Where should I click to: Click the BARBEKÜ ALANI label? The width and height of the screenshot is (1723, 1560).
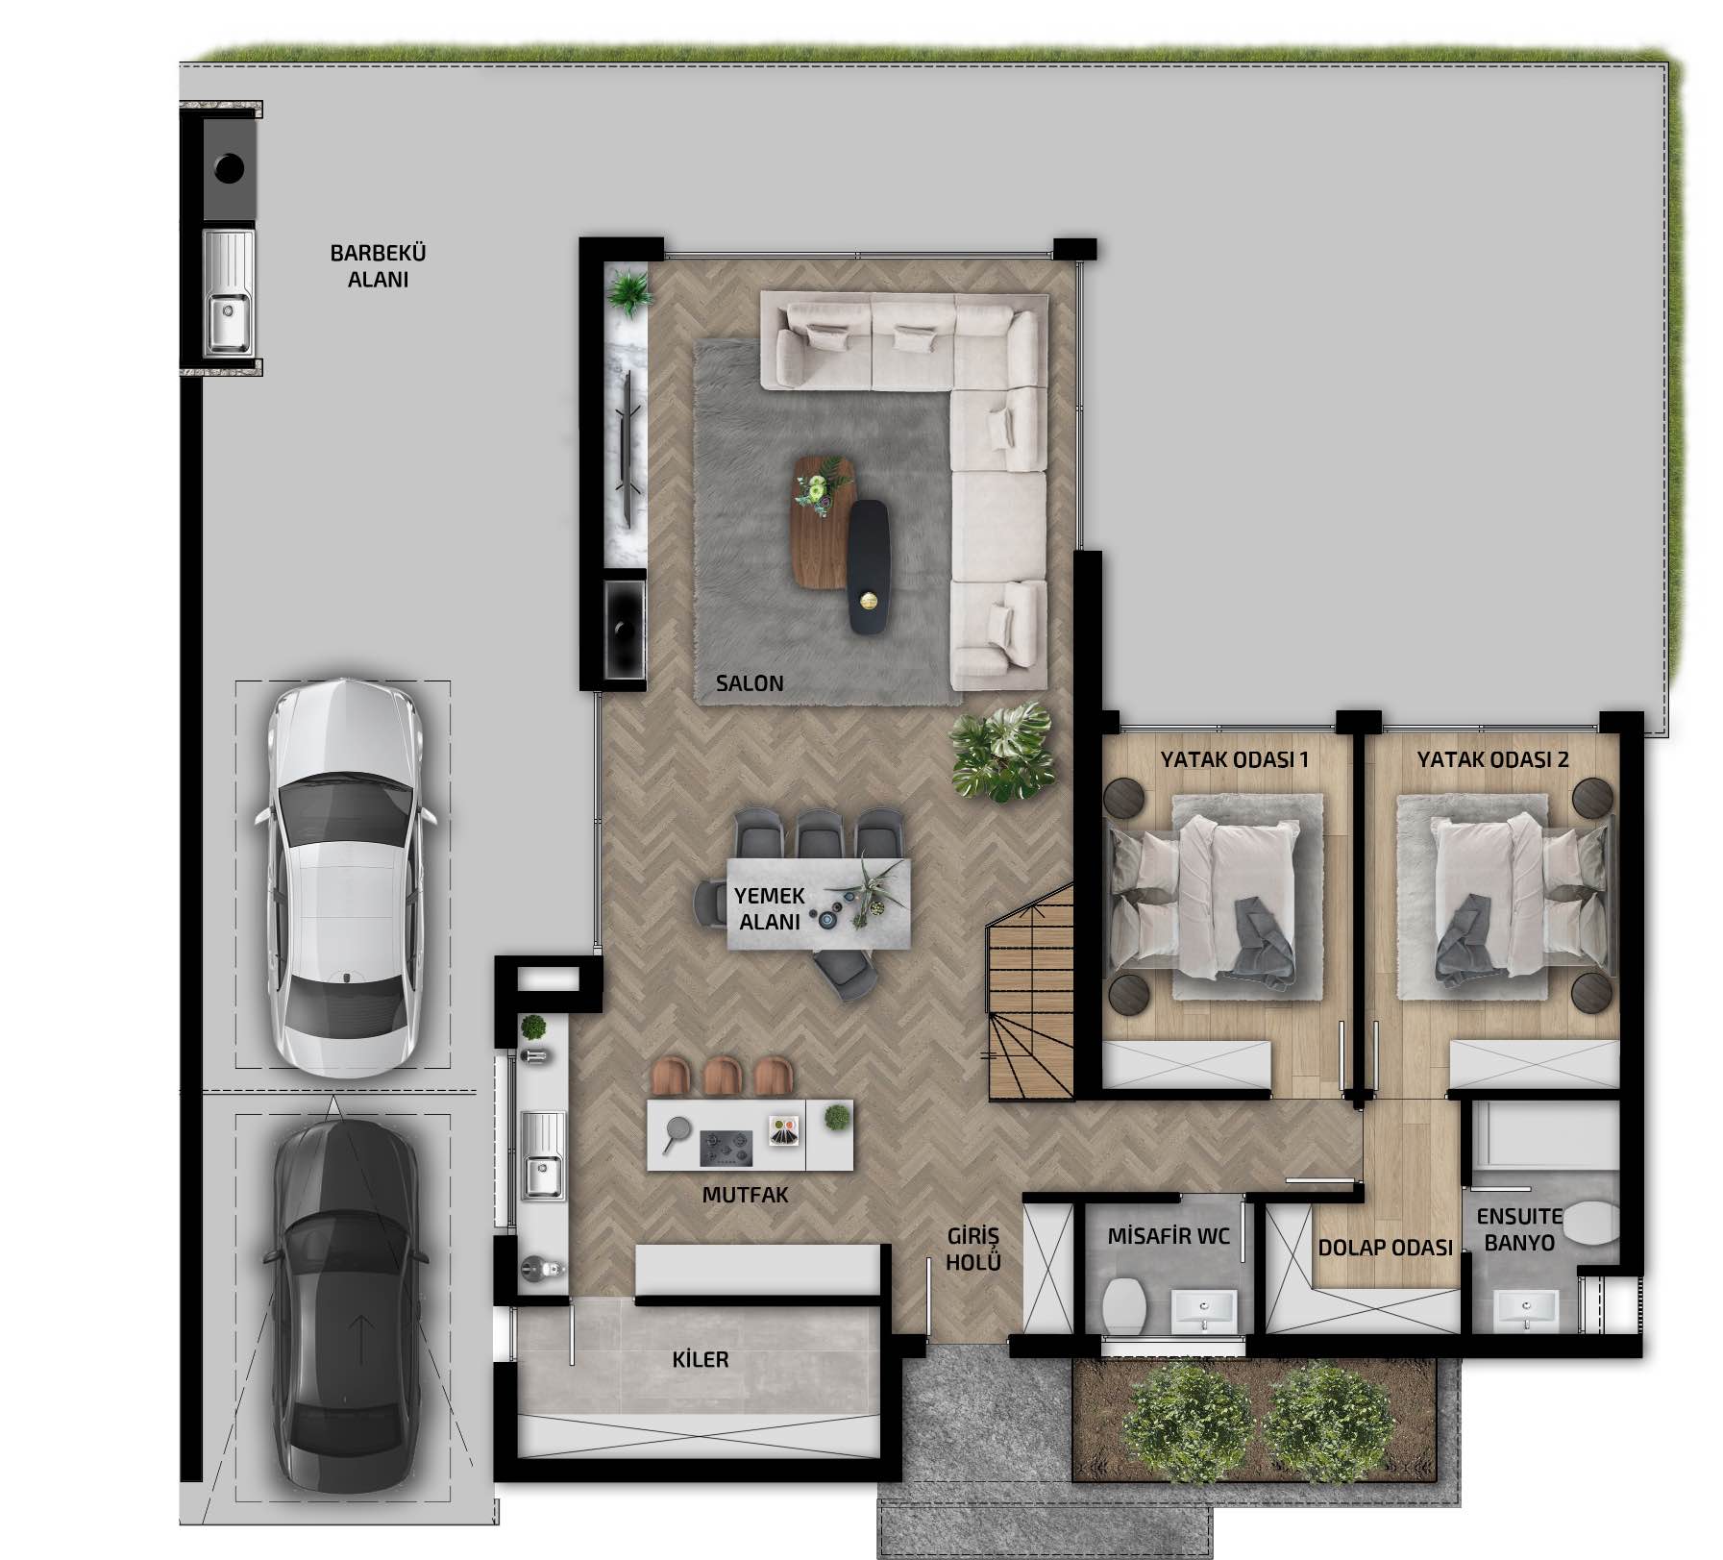[378, 266]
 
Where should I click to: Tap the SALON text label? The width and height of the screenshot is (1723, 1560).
[750, 683]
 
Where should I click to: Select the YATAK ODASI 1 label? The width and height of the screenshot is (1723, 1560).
[1235, 759]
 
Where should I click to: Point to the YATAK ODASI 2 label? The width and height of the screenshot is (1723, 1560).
[1492, 759]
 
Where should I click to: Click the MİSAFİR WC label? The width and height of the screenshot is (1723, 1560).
[1169, 1235]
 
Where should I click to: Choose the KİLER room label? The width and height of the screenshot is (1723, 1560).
[701, 1359]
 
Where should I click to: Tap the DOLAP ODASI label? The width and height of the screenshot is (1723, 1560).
[1385, 1248]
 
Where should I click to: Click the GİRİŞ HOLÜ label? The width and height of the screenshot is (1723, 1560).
[973, 1249]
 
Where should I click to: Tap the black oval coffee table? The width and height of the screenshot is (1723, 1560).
[869, 567]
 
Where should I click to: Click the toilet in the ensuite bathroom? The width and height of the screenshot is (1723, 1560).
[1589, 1222]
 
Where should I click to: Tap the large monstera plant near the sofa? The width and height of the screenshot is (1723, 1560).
[1000, 753]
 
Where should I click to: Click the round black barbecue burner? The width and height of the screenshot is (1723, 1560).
[229, 168]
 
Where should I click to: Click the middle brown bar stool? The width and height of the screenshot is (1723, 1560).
[723, 1077]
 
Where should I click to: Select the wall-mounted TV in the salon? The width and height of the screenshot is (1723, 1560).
[630, 448]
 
